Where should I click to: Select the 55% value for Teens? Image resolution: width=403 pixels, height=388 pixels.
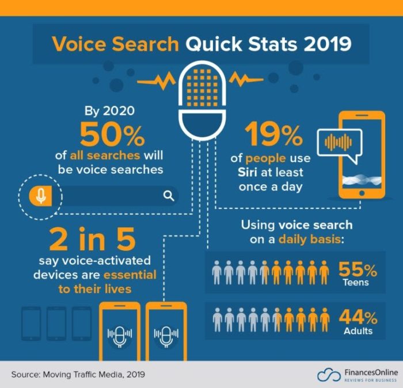[358, 269]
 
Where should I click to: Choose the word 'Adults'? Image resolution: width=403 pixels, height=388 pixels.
[357, 331]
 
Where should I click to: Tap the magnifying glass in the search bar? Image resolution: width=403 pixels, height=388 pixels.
[169, 196]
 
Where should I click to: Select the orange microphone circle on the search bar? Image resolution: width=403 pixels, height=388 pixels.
[40, 196]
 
